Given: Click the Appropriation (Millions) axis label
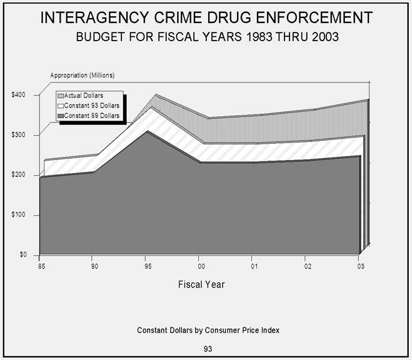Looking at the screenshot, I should (83, 75).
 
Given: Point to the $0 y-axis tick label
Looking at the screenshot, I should (23, 255).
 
